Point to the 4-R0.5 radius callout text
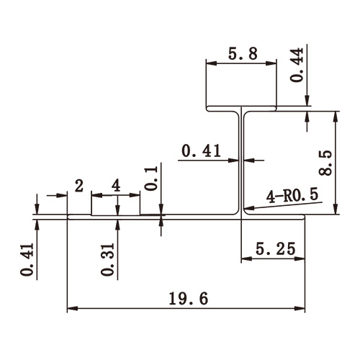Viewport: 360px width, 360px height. pos(292,196)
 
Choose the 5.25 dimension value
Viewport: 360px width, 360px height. pos(274,250)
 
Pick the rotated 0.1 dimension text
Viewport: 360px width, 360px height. pos(150,176)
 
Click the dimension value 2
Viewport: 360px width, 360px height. pos(79,185)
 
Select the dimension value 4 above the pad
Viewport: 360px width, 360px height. pos(116,185)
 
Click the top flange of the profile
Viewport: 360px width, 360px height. pos(241,109)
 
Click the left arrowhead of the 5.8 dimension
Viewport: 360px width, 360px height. pos(210,63)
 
